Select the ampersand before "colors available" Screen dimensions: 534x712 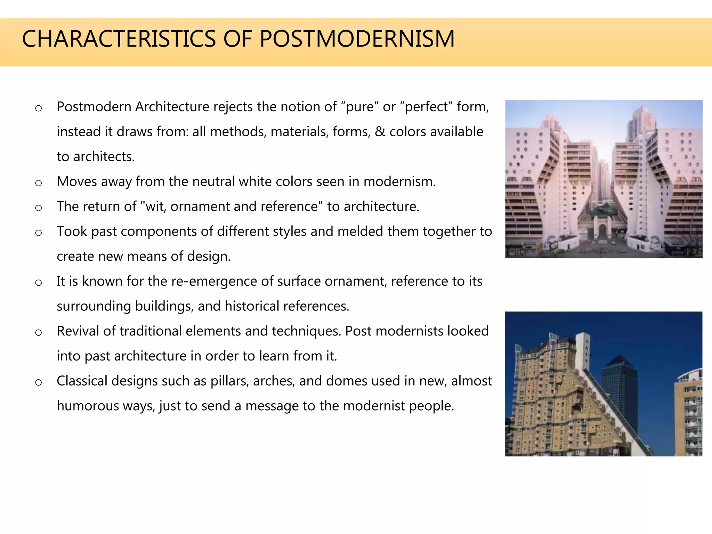click(x=380, y=132)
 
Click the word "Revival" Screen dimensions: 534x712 click(x=78, y=331)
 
